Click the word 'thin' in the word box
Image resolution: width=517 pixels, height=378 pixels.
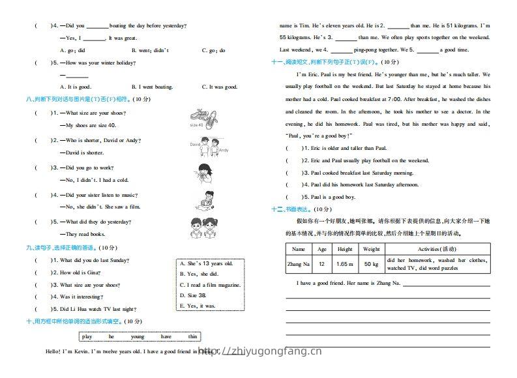192,336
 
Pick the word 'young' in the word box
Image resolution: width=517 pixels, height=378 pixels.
138,336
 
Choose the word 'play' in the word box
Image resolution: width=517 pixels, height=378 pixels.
87,336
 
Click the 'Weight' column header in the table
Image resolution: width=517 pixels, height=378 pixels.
371,249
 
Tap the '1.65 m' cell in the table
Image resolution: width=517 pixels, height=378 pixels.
345,264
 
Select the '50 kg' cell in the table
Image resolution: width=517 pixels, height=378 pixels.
371,264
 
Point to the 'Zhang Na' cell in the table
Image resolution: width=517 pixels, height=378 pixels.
298,264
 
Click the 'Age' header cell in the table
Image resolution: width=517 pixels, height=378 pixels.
321,249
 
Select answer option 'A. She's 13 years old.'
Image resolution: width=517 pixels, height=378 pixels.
206,263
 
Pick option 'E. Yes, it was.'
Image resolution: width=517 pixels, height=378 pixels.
197,305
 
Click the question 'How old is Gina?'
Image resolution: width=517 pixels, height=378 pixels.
79,272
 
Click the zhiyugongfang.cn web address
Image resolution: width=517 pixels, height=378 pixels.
261,352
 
